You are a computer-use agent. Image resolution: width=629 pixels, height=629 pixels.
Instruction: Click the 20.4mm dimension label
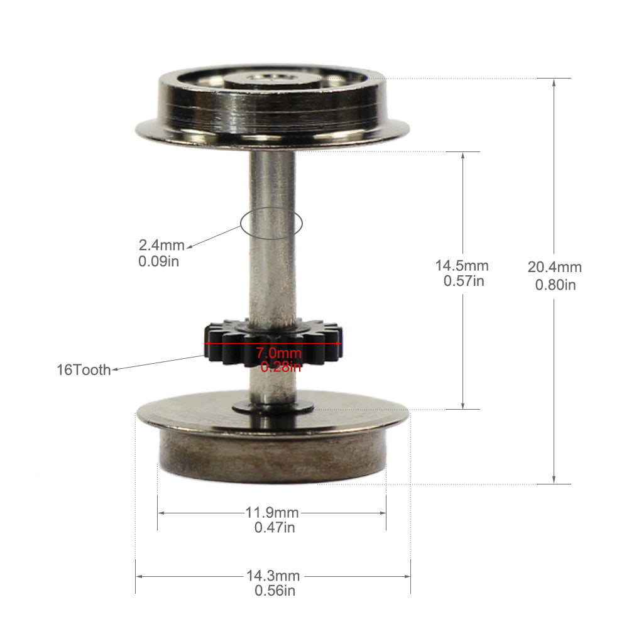(554, 267)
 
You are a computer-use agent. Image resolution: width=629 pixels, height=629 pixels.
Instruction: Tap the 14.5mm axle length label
(462, 266)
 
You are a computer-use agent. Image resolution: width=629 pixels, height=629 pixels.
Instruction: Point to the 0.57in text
(464, 282)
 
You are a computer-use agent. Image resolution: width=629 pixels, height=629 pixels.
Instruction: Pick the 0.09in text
(158, 261)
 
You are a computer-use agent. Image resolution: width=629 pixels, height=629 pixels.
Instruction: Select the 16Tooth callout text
(84, 369)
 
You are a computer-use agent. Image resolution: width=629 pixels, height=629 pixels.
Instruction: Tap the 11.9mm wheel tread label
(272, 512)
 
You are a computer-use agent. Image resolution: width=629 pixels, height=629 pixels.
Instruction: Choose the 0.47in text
(275, 528)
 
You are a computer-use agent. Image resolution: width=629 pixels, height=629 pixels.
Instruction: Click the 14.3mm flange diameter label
(273, 576)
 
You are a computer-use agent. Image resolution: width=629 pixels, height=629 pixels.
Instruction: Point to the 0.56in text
(275, 591)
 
